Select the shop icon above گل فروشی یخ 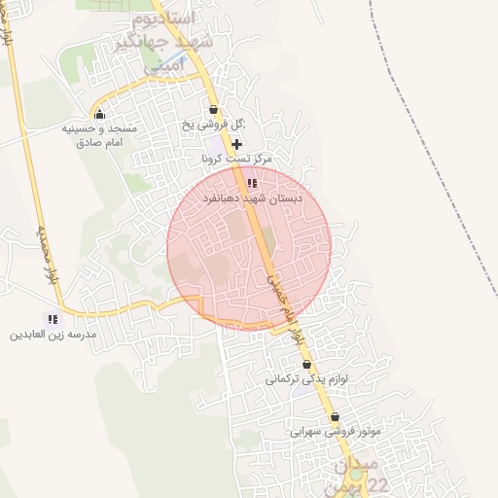pos(214,109)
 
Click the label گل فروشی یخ pos(214,124)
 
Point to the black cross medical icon pos(235,143)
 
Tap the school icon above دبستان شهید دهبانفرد pos(252,183)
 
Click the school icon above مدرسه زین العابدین pos(53,319)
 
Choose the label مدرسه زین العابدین pos(53,335)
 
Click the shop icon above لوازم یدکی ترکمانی pos(307,365)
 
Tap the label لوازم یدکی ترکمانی pos(306,380)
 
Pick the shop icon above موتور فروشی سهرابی pos(336,417)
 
